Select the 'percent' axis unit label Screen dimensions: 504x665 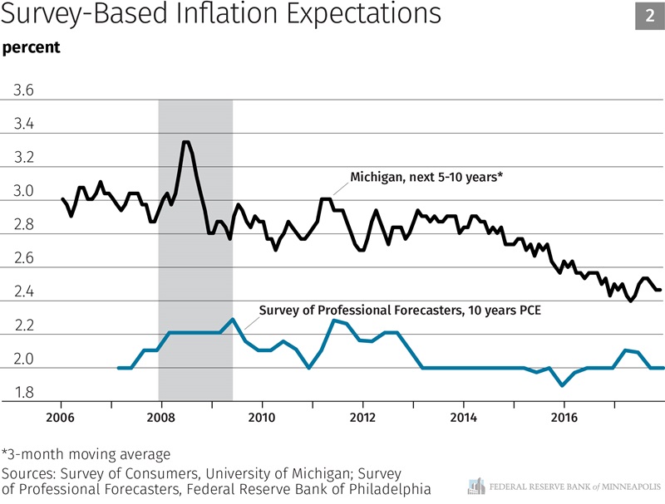tap(32, 47)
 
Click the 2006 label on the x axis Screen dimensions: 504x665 tap(62, 416)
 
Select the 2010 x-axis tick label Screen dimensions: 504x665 tap(262, 416)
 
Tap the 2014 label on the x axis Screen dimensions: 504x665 tap(463, 416)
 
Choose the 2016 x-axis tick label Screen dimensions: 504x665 tap(564, 416)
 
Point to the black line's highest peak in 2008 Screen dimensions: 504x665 tap(186, 142)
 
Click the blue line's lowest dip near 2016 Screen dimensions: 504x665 tap(564, 385)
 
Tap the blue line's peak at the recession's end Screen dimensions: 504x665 tap(233, 319)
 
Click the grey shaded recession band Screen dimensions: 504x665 tap(195, 249)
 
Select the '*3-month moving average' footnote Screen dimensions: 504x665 tap(86, 455)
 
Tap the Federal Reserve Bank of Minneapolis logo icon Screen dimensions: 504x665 tap(476, 487)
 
